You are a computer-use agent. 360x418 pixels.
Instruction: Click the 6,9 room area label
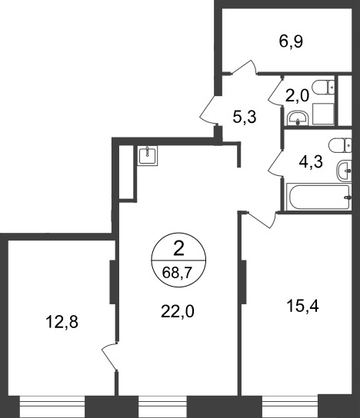[x=291, y=41]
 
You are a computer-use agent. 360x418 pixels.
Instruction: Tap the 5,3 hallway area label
[x=245, y=117]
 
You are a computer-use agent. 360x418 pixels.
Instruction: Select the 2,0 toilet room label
[x=297, y=96]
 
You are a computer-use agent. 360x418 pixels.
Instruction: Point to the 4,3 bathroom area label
[x=311, y=162]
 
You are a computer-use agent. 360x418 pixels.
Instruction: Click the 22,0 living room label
[x=178, y=311]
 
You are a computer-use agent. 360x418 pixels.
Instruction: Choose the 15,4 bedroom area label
[x=302, y=306]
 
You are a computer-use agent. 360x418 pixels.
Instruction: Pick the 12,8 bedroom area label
[x=62, y=321]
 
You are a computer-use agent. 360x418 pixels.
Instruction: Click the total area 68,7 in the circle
[x=178, y=273]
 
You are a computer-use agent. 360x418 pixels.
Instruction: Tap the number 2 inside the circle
[x=178, y=250]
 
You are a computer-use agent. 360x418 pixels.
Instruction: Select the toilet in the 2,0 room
[x=323, y=88]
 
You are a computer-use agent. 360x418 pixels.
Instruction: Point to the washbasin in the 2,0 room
[x=298, y=118]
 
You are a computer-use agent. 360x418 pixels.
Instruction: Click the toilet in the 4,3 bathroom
[x=340, y=145]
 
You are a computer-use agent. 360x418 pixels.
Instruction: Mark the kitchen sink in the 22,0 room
[x=148, y=155]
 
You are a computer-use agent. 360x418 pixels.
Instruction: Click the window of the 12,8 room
[x=52, y=406]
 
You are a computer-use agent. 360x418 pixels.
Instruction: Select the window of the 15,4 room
[x=290, y=406]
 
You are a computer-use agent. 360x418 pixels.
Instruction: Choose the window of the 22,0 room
[x=162, y=406]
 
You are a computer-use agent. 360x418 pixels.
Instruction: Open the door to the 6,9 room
[x=244, y=67]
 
